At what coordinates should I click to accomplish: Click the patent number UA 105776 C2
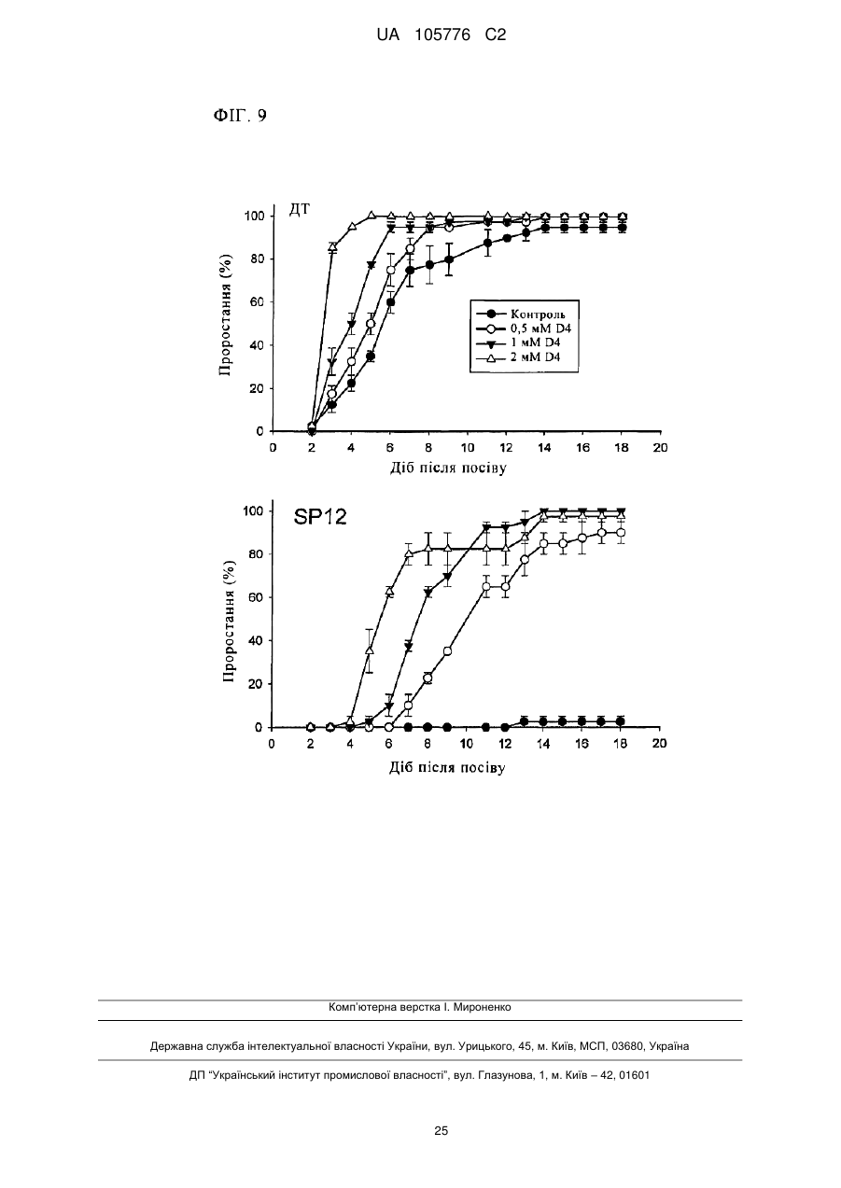[x=441, y=35]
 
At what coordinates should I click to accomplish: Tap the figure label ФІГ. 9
[x=240, y=116]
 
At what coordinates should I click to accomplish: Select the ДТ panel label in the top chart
[x=300, y=210]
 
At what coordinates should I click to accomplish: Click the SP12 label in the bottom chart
[x=320, y=517]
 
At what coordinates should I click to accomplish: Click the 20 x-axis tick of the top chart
[x=661, y=448]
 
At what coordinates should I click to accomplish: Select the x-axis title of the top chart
[x=448, y=468]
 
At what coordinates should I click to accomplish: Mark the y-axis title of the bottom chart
[x=228, y=621]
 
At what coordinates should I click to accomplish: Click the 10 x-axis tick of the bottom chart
[x=466, y=744]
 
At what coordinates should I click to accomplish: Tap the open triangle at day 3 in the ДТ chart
[x=332, y=246]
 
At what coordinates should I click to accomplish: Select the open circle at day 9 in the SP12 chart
[x=447, y=651]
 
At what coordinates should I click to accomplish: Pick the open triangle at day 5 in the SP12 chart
[x=370, y=650]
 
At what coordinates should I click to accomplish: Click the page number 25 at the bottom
[x=441, y=1130]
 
